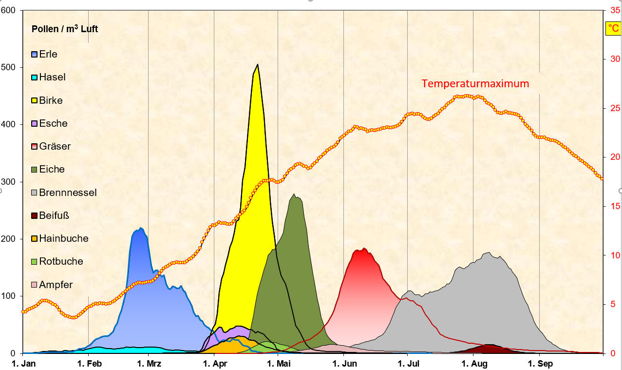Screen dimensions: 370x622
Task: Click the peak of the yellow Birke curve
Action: pos(257,65)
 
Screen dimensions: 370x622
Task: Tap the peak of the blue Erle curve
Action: pos(140,228)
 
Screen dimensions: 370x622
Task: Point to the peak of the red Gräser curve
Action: pos(363,249)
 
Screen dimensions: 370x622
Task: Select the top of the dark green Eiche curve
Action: pos(294,195)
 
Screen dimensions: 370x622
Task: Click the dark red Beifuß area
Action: pos(490,349)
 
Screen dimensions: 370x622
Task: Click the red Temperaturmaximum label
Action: pos(475,83)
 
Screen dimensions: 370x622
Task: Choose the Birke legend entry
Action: pos(51,100)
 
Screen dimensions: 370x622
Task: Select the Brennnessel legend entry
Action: pos(68,193)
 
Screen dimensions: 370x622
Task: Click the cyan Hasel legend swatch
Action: pos(35,78)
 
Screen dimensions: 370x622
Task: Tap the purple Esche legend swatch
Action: pos(35,124)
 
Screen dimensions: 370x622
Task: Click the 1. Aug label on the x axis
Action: pos(473,363)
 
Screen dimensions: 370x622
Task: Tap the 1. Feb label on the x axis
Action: pos(88,363)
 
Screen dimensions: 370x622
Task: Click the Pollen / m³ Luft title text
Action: pos(65,29)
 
